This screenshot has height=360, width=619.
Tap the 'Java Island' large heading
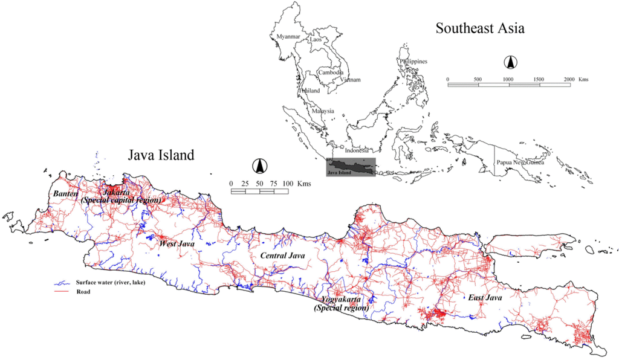click(x=161, y=155)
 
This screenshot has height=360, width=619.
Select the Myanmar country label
click(x=288, y=37)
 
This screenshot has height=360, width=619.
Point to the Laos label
click(x=316, y=40)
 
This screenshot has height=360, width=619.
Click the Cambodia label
click(x=331, y=72)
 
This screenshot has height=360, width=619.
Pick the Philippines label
click(x=413, y=61)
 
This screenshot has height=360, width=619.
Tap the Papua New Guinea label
click(x=520, y=162)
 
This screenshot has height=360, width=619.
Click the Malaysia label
click(x=323, y=111)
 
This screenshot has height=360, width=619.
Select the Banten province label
click(x=65, y=193)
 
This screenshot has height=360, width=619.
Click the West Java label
click(x=176, y=243)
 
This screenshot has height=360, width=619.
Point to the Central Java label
click(x=282, y=256)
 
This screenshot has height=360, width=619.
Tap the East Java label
click(x=485, y=298)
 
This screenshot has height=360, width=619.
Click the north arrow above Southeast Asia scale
click(x=510, y=62)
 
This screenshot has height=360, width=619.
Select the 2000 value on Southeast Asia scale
click(x=568, y=79)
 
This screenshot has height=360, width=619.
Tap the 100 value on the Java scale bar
click(x=288, y=183)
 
